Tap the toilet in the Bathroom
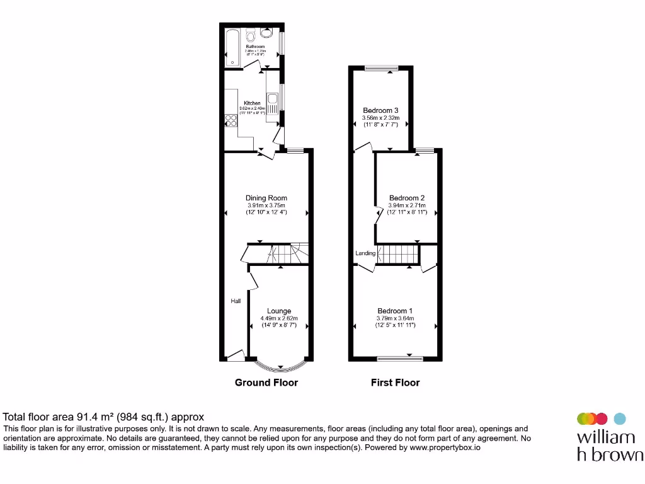251,33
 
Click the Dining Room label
266,198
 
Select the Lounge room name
279,311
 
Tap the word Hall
236,301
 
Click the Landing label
365,253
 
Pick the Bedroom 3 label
380,110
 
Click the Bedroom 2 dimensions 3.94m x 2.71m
407,205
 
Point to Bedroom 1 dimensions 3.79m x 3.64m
395,318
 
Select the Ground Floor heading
266,383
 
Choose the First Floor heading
395,383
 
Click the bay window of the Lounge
279,366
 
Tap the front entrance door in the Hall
236,357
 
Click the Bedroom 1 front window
400,359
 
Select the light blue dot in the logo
620,418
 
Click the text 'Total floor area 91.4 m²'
60,417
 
